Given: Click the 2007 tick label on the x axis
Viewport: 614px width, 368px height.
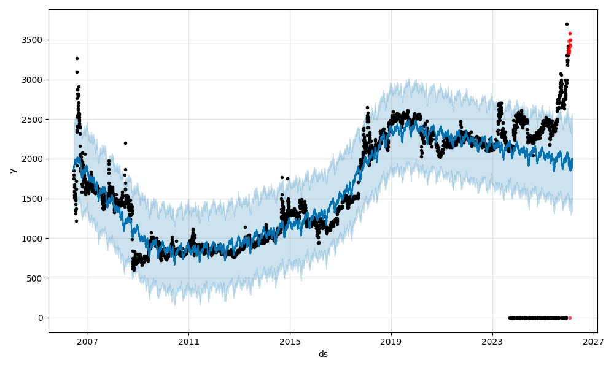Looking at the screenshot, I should (88, 341).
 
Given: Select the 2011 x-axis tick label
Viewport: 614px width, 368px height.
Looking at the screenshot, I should (188, 341).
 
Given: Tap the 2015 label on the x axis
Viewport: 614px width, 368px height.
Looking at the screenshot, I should (290, 341).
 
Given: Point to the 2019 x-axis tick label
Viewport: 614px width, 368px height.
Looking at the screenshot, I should (391, 341).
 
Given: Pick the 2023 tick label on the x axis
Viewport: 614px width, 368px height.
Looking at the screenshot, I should (492, 341).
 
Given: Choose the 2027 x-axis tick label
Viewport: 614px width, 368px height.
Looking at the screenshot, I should (593, 341).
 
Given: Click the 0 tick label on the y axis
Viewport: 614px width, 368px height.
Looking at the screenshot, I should (40, 318).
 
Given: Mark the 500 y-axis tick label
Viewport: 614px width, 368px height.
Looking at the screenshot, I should (36, 278).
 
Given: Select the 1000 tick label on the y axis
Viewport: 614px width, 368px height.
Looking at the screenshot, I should (33, 239).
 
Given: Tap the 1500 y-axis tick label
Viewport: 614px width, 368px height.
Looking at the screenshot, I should (33, 199).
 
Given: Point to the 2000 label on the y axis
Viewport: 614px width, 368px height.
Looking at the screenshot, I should (33, 159).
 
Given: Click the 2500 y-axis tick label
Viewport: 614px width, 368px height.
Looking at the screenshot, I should (33, 120).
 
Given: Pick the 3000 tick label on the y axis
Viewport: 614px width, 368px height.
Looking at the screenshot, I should (33, 80).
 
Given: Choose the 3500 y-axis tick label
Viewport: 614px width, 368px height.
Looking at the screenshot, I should (33, 40).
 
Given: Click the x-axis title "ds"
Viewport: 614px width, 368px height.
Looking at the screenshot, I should (323, 354).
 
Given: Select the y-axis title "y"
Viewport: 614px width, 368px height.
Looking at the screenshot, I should (12, 171).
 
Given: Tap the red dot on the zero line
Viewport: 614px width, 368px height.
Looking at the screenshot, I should (570, 318).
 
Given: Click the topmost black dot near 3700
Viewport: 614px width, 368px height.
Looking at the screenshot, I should (567, 24).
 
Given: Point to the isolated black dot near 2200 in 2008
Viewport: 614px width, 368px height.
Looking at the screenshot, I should (125, 143).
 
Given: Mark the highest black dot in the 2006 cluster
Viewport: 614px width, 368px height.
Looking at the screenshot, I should (77, 58).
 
